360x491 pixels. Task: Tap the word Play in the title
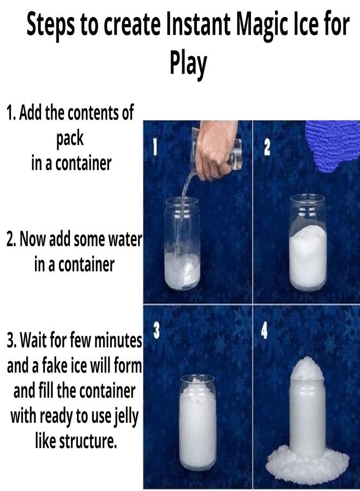coord(188,62)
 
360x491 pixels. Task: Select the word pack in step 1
coord(70,139)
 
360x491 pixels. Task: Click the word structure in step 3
coord(88,441)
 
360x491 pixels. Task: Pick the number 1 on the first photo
coord(154,147)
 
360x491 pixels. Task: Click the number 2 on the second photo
coord(267,147)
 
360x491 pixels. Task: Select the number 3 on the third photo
coord(157,331)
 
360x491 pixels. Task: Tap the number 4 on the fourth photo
coord(265,331)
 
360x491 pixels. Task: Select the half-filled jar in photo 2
coord(308,243)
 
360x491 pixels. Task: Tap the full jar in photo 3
coord(198,423)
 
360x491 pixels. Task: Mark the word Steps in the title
coord(51,25)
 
